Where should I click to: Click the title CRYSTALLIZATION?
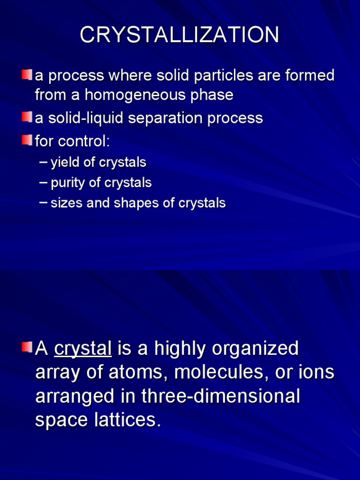tap(180, 36)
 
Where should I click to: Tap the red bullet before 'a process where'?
tap(27, 75)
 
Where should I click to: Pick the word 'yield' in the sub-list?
tap(65, 163)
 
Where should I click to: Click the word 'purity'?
tap(67, 183)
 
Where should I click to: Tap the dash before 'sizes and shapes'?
tap(44, 202)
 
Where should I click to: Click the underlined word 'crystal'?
tap(83, 349)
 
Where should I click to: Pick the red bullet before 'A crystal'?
tap(27, 347)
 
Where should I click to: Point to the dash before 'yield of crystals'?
tap(44, 162)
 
